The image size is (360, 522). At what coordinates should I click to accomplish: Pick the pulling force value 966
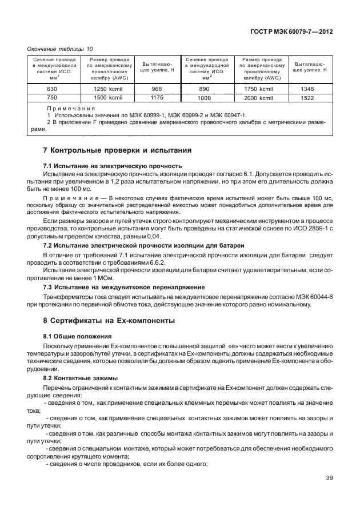pyautogui.click(x=156, y=89)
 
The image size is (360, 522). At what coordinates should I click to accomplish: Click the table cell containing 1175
pyautogui.click(x=156, y=98)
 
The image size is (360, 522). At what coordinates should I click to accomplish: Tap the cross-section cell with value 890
pyautogui.click(x=204, y=89)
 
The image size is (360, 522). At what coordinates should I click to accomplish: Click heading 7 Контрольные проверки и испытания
pyautogui.click(x=117, y=150)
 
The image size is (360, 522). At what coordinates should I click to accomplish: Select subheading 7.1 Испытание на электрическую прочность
pyautogui.click(x=113, y=165)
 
